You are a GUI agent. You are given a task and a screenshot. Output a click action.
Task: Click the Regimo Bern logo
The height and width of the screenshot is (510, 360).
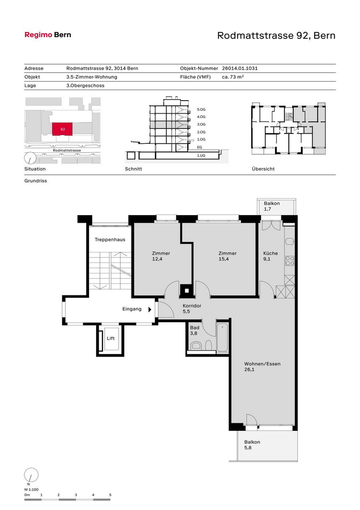48,35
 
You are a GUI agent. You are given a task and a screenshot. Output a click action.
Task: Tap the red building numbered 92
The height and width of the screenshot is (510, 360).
62,129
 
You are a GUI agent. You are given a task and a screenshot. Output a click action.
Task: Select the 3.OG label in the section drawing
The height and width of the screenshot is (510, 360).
201,124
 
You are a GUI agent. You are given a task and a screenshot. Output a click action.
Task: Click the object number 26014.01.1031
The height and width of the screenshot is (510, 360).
240,68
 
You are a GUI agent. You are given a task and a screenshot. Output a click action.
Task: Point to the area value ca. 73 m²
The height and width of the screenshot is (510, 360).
233,77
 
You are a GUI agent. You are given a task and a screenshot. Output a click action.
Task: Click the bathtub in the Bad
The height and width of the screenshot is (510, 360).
223,337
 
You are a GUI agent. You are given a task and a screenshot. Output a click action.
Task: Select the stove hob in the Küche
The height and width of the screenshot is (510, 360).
289,260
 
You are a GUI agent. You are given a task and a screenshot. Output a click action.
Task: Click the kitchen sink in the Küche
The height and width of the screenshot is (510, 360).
289,242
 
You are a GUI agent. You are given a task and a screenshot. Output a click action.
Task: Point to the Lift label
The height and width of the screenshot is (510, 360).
111,338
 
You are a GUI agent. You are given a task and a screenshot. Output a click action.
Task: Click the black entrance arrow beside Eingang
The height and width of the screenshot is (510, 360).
150,309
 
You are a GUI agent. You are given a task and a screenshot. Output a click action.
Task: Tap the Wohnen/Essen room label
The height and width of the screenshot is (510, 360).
262,364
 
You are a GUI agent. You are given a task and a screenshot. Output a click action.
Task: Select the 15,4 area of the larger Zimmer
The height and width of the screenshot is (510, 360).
224,259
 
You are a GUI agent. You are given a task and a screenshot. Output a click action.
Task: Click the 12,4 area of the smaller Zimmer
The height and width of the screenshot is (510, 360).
157,259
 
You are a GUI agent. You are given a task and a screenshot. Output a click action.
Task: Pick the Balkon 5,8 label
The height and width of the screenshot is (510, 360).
252,445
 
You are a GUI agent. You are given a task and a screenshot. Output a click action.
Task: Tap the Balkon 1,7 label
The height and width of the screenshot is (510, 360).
271,206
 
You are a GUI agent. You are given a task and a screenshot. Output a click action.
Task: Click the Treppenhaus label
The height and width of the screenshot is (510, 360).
110,240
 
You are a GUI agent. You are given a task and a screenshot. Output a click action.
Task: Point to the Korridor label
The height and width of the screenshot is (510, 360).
192,306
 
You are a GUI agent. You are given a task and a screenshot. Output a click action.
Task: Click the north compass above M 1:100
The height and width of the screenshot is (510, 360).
31,475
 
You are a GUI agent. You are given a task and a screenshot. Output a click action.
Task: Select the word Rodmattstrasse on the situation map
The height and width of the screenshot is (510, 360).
67,150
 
